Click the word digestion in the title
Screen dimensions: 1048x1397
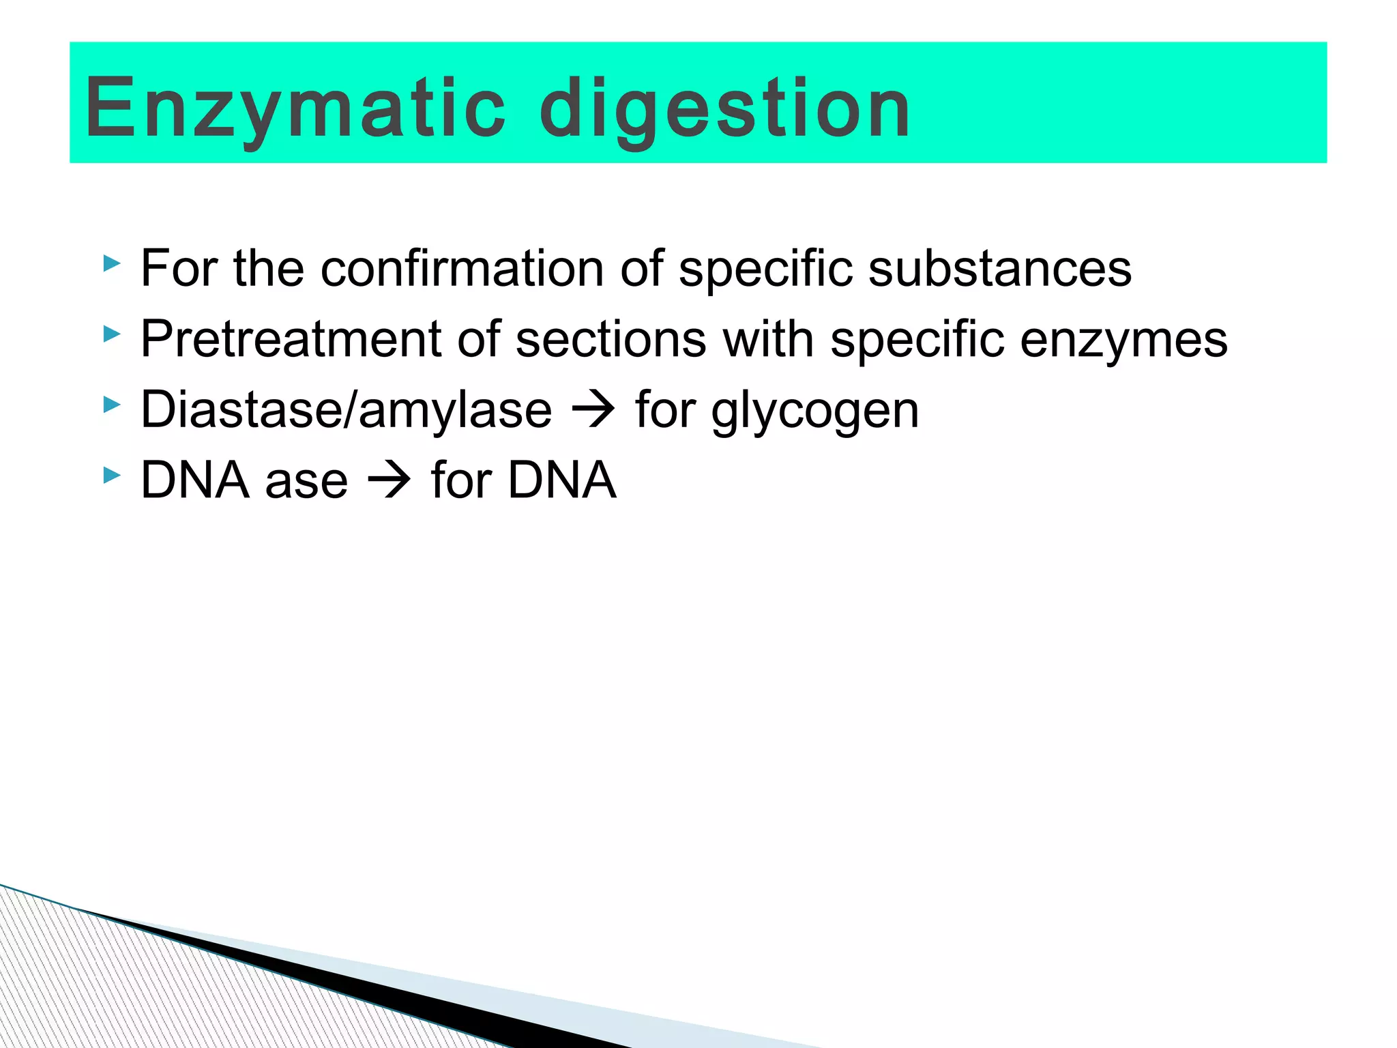tap(724, 109)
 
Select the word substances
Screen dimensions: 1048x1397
tap(1000, 268)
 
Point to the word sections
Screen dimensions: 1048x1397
tap(611, 339)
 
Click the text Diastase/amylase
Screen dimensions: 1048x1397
tap(347, 410)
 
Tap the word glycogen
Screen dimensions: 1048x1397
tap(815, 411)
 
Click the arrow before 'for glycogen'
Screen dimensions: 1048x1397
tap(593, 410)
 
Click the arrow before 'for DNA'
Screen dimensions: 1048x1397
tap(389, 480)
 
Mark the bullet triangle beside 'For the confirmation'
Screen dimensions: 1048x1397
tap(111, 263)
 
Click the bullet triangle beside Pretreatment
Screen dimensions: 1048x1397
tap(111, 334)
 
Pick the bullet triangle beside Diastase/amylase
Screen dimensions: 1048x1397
tap(111, 405)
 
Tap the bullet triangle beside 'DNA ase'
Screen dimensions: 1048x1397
tap(111, 475)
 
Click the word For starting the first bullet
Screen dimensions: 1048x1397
tap(179, 268)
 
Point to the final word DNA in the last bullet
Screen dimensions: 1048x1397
tap(562, 480)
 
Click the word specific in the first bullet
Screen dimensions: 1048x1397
tap(765, 268)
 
